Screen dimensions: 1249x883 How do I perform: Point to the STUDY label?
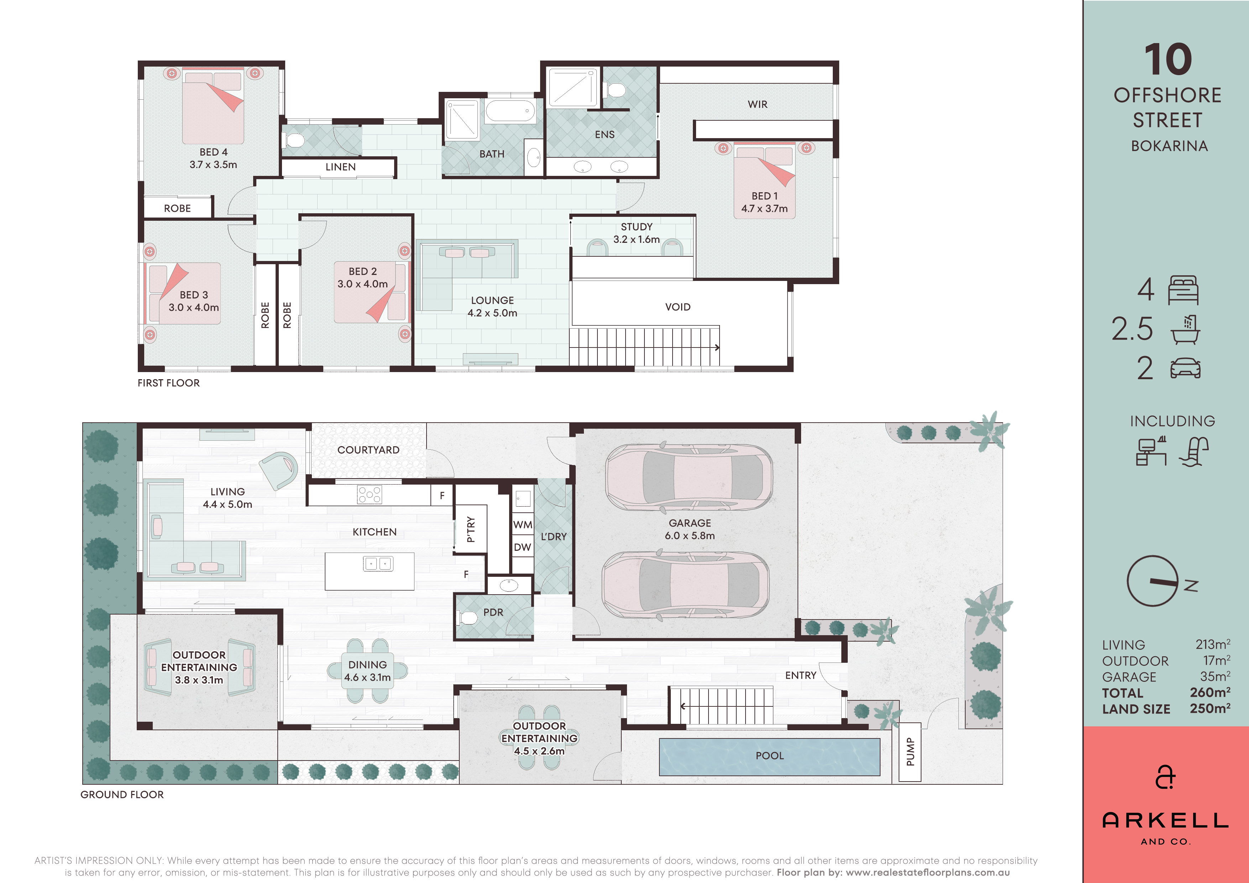637,227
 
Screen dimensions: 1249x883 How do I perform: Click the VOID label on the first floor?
678,307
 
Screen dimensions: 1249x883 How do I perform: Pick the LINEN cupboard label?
340,167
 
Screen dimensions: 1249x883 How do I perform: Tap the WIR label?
757,104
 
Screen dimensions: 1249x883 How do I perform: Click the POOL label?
770,755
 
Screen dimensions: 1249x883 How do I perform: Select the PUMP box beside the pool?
910,752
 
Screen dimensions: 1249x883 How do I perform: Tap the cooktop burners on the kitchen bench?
369,495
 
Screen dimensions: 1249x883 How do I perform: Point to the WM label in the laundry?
522,524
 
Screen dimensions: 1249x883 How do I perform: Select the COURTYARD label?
368,450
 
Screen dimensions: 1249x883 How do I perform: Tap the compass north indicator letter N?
1191,586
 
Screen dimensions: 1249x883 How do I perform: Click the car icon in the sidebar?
1185,368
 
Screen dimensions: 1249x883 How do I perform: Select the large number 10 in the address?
1168,59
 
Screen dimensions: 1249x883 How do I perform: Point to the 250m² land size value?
1210,709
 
